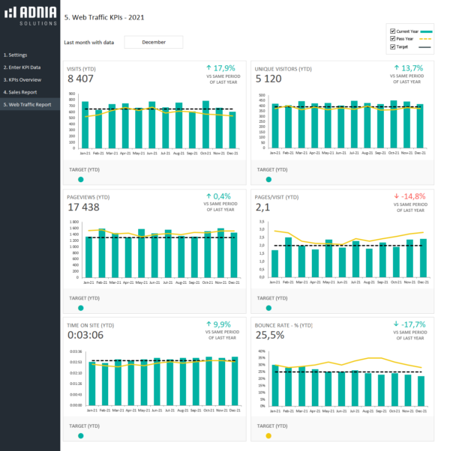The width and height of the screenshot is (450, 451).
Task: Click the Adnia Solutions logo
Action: click(30, 16)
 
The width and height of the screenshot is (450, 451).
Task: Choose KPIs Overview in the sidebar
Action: click(22, 79)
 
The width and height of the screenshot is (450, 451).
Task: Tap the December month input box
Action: click(153, 43)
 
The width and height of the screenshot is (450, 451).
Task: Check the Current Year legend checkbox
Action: click(392, 31)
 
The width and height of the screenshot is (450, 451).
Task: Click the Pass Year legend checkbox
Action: click(392, 38)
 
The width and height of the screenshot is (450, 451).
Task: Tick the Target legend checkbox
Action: click(392, 46)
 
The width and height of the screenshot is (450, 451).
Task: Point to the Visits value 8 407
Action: click(81, 78)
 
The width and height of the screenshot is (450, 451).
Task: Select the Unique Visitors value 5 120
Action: click(268, 78)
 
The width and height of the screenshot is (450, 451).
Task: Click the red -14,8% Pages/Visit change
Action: click(412, 196)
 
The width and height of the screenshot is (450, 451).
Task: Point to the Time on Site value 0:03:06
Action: click(85, 335)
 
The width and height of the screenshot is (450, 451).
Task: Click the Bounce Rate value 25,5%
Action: click(270, 335)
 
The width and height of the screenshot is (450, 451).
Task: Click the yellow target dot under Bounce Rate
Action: click(268, 435)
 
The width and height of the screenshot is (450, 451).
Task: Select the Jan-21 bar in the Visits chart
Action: click(85, 124)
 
